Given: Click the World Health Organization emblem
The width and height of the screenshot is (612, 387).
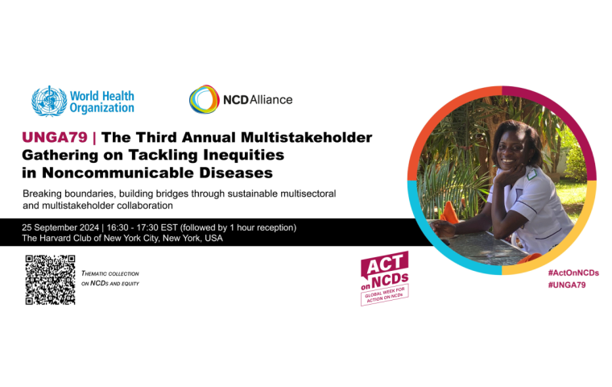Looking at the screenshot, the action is coord(49,102).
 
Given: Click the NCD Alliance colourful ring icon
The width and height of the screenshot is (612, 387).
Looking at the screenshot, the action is coord(204,99).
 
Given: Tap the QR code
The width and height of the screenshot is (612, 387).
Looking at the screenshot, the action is coord(51,280).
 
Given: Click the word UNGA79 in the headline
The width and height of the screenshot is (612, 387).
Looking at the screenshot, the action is coord(55,137).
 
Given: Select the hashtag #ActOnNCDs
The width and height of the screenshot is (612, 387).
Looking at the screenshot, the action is coord(573,273).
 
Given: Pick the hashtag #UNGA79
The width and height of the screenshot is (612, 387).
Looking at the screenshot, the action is coord(567,285).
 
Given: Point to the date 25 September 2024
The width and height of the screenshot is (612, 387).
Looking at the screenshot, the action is coord(60,227).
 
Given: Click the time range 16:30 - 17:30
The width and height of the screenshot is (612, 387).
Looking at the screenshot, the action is coord(132,227).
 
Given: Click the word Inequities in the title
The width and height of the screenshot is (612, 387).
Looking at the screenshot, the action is coord(243,155).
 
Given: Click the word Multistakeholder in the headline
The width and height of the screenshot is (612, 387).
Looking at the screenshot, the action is coord(306,137).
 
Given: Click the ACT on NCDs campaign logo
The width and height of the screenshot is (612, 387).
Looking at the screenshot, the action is coord(384,278).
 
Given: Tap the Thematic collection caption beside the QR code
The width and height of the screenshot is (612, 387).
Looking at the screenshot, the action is coord(110,278).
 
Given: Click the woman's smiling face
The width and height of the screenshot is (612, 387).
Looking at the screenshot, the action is coord(511,148).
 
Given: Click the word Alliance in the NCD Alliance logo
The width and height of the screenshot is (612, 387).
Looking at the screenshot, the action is coord(271,100).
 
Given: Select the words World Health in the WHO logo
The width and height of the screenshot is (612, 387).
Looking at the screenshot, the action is coord(102,96).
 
